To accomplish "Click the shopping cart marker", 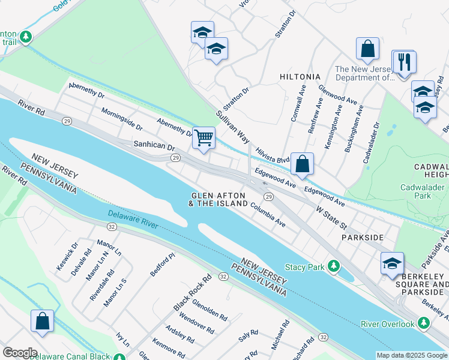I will [x=204, y=137].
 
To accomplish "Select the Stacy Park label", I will [x=304, y=266].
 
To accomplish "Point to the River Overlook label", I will [x=388, y=324].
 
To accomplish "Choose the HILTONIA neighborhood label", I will [x=300, y=77].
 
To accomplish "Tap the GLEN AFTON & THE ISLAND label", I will [x=218, y=200].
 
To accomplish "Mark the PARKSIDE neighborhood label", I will [x=362, y=238].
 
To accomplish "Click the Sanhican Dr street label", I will [x=154, y=146].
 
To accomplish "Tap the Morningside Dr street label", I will [x=122, y=119].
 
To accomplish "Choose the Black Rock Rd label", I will [x=193, y=293].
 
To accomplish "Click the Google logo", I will [x=19, y=352].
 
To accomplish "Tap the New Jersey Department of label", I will [x=363, y=73].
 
